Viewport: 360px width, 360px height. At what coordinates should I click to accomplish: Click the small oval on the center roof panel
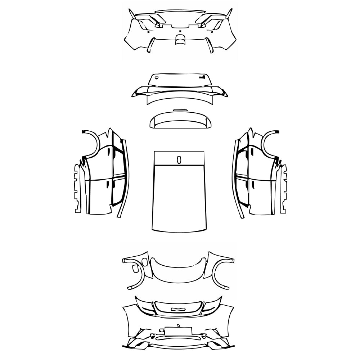tap(179, 160)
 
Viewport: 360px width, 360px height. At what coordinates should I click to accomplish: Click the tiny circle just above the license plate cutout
tap(179, 325)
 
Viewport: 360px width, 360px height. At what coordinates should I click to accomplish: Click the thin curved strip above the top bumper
tap(180, 12)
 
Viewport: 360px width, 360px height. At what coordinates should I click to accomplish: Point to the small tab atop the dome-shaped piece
tap(180, 109)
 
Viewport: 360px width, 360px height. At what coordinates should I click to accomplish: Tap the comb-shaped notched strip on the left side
tap(77, 187)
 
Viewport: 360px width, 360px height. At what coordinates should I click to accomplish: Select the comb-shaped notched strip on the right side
tap(284, 187)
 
